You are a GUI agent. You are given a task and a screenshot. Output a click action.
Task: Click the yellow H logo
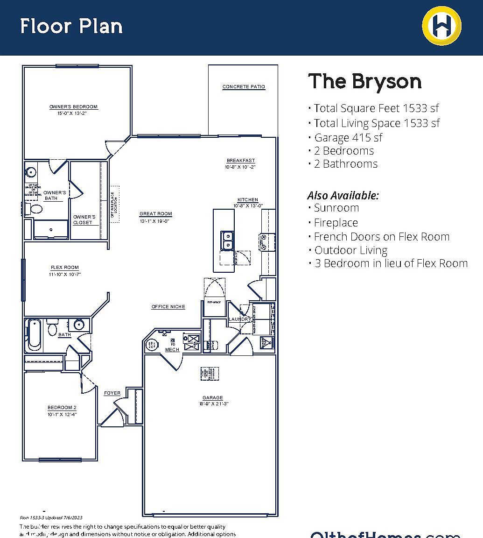tap(441, 25)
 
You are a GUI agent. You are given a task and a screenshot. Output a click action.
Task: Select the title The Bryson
tap(364, 81)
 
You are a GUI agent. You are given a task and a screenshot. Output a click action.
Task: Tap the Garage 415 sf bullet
tap(348, 138)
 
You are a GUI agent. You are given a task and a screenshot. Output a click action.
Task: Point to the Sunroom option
tap(336, 208)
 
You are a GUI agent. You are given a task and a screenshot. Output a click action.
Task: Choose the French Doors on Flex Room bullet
tap(381, 237)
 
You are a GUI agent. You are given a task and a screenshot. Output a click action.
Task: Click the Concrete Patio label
tap(244, 87)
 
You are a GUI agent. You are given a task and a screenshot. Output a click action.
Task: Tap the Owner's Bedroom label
tap(73, 107)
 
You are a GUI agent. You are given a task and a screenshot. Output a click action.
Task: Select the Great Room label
tap(156, 214)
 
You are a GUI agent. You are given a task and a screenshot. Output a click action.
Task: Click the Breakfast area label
tap(241, 161)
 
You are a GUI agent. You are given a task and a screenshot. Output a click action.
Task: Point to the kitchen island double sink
tap(228, 240)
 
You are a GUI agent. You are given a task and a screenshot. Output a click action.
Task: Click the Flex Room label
tap(64, 268)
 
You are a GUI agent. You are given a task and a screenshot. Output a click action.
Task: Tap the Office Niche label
tap(168, 307)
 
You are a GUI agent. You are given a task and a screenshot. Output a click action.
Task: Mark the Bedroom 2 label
tap(62, 408)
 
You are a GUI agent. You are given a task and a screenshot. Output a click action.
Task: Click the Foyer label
tap(112, 393)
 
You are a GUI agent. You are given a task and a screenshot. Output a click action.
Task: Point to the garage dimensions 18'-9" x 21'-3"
tap(213, 404)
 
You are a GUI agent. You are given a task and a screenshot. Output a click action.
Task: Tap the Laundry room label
tap(240, 319)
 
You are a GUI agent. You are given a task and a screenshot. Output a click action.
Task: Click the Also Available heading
tap(343, 195)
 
